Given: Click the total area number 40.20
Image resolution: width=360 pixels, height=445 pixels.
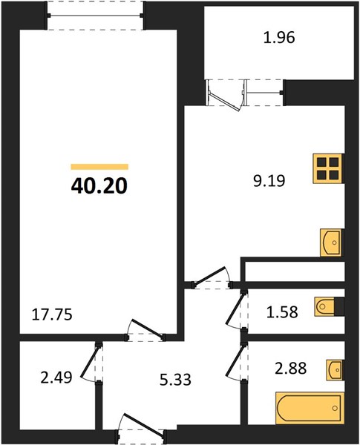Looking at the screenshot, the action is (99, 186).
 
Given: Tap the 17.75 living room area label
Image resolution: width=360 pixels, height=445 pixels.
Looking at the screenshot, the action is (52, 314).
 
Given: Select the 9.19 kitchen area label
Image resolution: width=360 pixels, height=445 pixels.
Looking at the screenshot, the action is (269, 181).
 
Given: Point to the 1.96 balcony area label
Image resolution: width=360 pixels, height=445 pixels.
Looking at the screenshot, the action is (279, 38).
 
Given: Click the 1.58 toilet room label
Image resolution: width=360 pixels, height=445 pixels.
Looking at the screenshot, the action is (282, 312).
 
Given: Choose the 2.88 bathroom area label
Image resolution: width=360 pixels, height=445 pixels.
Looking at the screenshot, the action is (290, 369).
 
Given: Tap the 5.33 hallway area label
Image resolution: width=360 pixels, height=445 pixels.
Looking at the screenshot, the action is (175, 380).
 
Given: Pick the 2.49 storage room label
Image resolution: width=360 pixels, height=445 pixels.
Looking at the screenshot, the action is (56, 378).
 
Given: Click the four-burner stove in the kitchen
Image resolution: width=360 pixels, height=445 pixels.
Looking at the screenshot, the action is (329, 168).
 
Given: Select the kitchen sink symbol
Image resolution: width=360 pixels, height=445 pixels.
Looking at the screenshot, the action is (331, 243).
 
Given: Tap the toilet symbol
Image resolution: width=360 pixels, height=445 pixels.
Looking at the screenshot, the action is (325, 306).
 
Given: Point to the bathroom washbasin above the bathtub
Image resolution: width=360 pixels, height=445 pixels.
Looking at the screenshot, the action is (335, 370).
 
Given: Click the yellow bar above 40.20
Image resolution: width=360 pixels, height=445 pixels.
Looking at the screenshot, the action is (99, 167).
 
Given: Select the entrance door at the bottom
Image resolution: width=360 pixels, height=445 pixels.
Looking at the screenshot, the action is (141, 428).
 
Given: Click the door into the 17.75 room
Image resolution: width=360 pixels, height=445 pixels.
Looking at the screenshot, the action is (145, 331).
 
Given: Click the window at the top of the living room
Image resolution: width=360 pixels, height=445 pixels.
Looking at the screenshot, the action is (96, 16).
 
